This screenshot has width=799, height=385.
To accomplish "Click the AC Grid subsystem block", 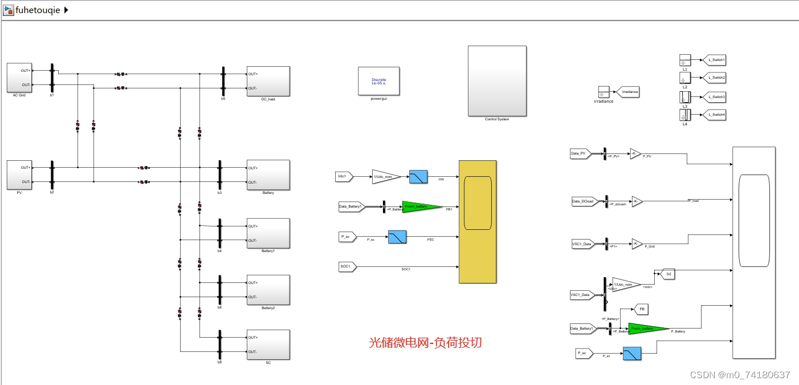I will (x=19, y=78).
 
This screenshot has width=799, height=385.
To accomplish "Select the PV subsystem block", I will (x=19, y=175).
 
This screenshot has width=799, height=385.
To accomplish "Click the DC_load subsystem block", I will (x=268, y=81).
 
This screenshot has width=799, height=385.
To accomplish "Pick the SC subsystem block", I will (x=268, y=345).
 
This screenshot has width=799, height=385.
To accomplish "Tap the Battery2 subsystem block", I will (x=268, y=290).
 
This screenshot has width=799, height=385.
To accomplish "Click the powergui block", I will (x=378, y=81).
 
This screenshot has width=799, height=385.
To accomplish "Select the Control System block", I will (x=497, y=81).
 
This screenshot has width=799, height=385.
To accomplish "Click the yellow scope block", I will (x=478, y=221).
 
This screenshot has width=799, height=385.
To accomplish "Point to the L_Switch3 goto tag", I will (x=716, y=97).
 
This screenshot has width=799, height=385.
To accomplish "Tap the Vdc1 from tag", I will (x=344, y=177).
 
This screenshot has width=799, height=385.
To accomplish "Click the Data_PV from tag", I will (x=580, y=153).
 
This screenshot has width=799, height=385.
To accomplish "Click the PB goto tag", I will (x=641, y=309).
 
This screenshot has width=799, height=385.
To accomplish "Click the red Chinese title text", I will (x=425, y=342).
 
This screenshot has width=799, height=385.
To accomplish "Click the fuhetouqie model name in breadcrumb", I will (x=38, y=10).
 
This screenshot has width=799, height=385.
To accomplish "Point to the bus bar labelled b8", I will (x=220, y=345).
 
